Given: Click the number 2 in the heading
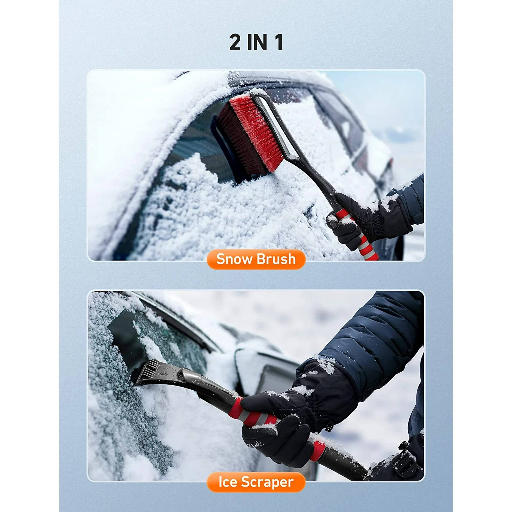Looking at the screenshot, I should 236,43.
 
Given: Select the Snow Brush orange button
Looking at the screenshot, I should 256,259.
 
